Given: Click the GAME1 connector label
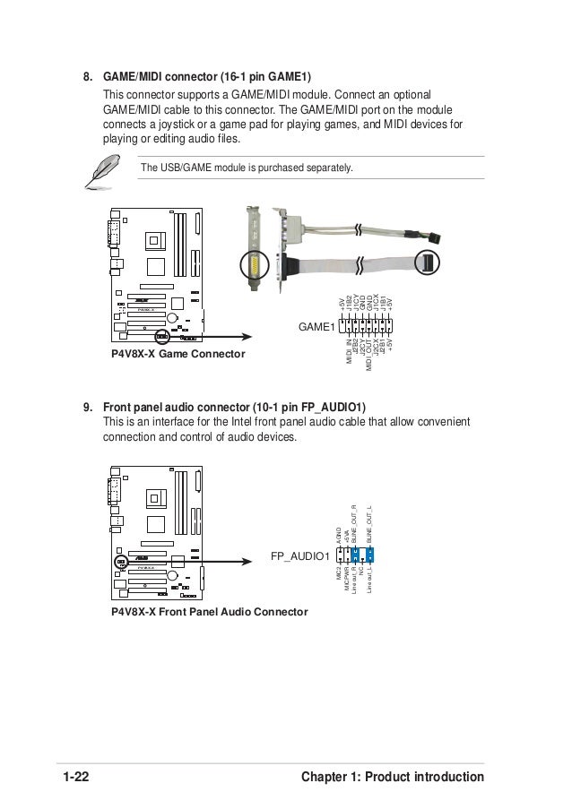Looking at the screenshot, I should pos(316,329).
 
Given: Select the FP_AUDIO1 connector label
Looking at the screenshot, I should pos(300,557).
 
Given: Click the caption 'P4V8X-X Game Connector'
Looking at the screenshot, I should pos(178,356).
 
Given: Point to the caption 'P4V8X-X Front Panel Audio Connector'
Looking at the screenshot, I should pos(209,611).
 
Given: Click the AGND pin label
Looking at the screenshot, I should pos(339,535).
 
